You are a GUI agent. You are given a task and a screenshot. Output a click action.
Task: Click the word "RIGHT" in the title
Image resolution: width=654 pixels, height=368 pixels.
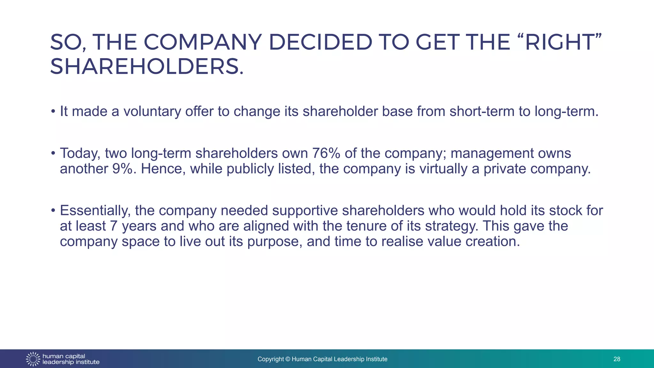(559, 42)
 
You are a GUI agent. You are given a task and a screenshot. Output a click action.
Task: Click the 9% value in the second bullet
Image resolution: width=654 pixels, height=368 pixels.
(122, 169)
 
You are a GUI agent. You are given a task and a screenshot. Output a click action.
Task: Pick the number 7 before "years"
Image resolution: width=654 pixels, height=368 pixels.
(114, 226)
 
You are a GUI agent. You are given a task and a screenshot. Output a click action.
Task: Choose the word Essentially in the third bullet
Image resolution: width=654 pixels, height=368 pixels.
(95, 211)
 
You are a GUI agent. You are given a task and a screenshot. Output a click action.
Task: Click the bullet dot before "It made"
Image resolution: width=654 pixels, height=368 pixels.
(53, 112)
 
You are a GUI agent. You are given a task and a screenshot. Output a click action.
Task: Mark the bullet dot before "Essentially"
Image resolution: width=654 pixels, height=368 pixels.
(53, 211)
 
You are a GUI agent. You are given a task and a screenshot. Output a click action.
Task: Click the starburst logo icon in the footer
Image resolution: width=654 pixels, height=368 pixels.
(33, 359)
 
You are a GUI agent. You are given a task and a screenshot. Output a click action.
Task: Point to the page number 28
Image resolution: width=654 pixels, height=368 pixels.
(617, 359)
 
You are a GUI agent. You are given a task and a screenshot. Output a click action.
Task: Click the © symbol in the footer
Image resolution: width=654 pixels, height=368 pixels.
(288, 359)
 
